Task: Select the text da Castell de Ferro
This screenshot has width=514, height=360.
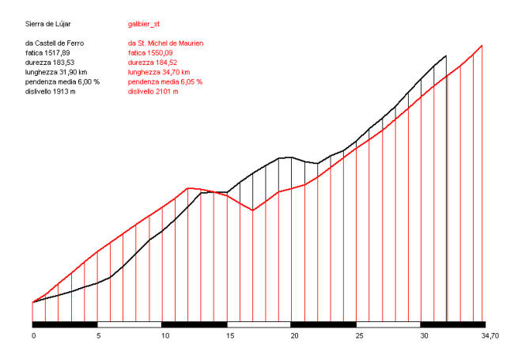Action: click(55, 42)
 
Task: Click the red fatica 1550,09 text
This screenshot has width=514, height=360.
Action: click(151, 51)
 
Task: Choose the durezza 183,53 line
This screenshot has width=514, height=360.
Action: click(50, 62)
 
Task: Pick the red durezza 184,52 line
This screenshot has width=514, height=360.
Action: click(152, 62)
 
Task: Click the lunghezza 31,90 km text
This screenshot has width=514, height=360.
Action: click(54, 71)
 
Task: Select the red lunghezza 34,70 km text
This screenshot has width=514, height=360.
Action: click(156, 71)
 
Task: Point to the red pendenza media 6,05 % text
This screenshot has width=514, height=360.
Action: click(165, 81)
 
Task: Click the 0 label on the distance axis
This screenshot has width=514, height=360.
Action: click(33, 336)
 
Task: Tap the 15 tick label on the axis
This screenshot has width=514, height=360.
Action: click(228, 336)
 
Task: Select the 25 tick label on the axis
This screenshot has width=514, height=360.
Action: click(357, 336)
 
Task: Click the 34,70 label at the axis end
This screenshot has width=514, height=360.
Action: click(490, 336)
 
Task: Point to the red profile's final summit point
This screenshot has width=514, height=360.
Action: click(482, 45)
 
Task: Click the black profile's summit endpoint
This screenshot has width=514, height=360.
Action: click(447, 56)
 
